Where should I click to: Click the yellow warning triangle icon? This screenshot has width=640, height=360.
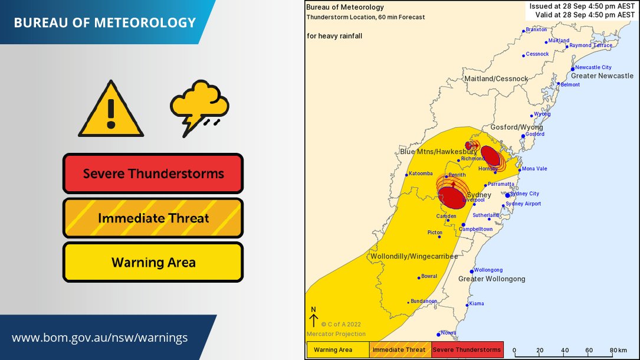110,110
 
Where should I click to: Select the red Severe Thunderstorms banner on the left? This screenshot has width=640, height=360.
153,174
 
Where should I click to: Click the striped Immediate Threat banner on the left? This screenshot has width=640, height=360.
153,218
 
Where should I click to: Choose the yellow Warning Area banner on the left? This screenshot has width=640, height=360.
153,262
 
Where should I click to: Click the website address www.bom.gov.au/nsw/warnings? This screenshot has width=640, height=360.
100,338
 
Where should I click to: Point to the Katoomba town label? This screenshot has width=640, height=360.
422,174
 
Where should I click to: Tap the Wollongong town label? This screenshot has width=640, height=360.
488,270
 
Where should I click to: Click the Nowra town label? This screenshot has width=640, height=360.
449,333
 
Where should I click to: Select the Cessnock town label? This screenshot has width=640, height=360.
537,54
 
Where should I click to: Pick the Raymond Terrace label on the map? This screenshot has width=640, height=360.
590,45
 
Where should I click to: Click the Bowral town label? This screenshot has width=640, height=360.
429,276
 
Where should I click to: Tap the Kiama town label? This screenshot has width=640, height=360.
476,303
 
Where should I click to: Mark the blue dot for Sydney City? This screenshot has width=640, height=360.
507,195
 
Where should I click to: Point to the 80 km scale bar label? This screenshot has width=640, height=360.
618,350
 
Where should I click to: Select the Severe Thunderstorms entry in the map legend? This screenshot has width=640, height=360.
467,350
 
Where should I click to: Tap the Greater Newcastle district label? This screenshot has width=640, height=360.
602,76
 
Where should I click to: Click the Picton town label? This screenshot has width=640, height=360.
435,233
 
